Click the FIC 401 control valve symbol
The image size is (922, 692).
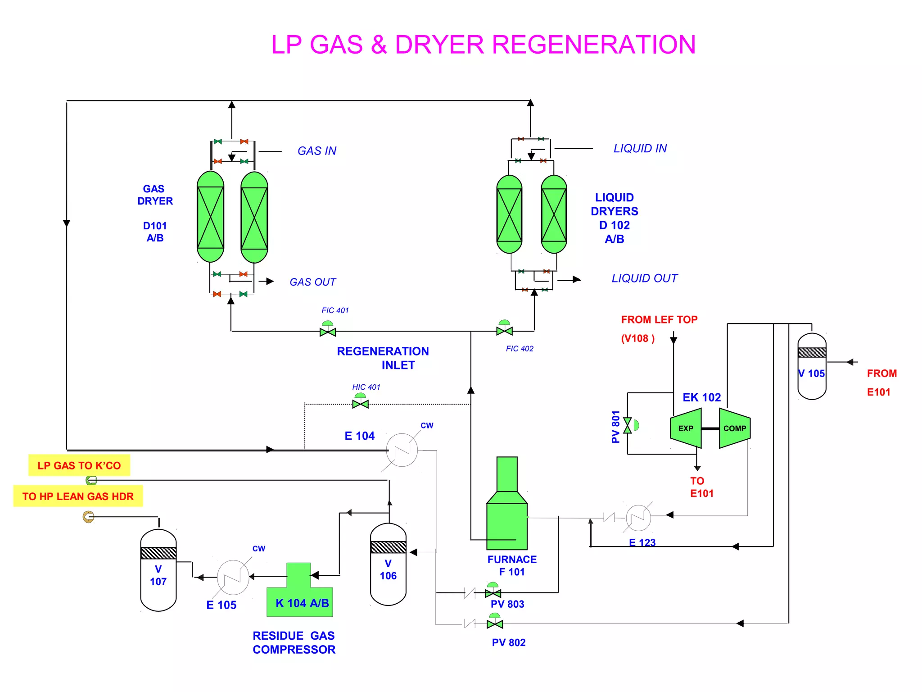[328, 332]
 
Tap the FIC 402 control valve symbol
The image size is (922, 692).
[504, 331]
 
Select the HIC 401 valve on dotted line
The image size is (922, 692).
[360, 404]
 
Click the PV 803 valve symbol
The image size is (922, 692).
[493, 592]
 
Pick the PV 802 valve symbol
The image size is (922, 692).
[495, 624]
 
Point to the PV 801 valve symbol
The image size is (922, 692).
[628, 425]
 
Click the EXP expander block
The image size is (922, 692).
[686, 428]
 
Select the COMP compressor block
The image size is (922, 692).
[734, 428]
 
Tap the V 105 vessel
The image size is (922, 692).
[812, 366]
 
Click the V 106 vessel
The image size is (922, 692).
[388, 565]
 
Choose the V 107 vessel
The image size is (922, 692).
[158, 570]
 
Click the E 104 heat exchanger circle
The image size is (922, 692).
[402, 450]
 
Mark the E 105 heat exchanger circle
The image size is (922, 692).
[233, 577]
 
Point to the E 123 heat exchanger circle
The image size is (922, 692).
[638, 518]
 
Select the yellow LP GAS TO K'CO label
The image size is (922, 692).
[79, 465]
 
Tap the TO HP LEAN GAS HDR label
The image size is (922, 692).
[78, 496]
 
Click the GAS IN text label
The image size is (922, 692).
[317, 151]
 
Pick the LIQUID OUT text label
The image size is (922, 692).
[644, 278]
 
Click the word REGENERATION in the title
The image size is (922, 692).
[593, 45]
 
